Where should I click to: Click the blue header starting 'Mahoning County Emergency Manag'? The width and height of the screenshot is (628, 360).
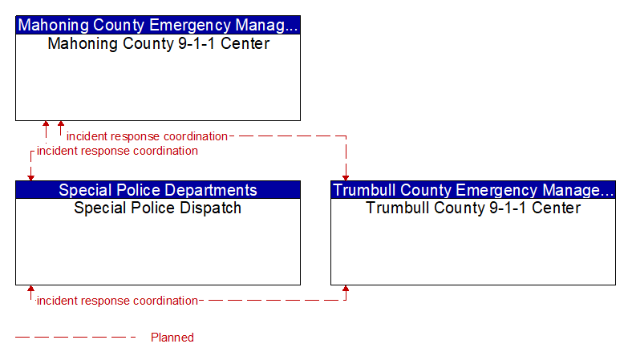158,25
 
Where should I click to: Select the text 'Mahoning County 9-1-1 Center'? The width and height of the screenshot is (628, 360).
159,43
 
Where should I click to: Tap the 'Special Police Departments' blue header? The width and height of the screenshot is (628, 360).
158,190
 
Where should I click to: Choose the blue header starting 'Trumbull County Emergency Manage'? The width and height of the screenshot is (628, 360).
473,190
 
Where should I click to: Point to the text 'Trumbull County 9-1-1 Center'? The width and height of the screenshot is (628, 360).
473,208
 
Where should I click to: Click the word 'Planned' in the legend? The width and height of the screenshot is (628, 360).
172,338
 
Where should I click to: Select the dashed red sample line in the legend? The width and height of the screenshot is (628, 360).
75,338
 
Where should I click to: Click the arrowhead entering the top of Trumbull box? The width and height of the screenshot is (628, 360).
346,178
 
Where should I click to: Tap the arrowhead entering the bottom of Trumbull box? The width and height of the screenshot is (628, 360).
346,289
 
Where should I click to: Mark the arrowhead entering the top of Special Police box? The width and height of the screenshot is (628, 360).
30,178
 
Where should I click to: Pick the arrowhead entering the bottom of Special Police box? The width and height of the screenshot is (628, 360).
30,289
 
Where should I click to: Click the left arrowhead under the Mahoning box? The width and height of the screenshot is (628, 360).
46,123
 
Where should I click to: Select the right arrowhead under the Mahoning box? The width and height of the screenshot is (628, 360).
61,123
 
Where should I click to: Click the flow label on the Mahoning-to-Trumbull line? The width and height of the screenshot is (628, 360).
147,136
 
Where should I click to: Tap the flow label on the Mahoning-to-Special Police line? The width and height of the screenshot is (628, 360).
117,151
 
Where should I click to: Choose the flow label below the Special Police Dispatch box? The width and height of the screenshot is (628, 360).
117,301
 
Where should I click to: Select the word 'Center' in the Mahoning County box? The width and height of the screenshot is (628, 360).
245,43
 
